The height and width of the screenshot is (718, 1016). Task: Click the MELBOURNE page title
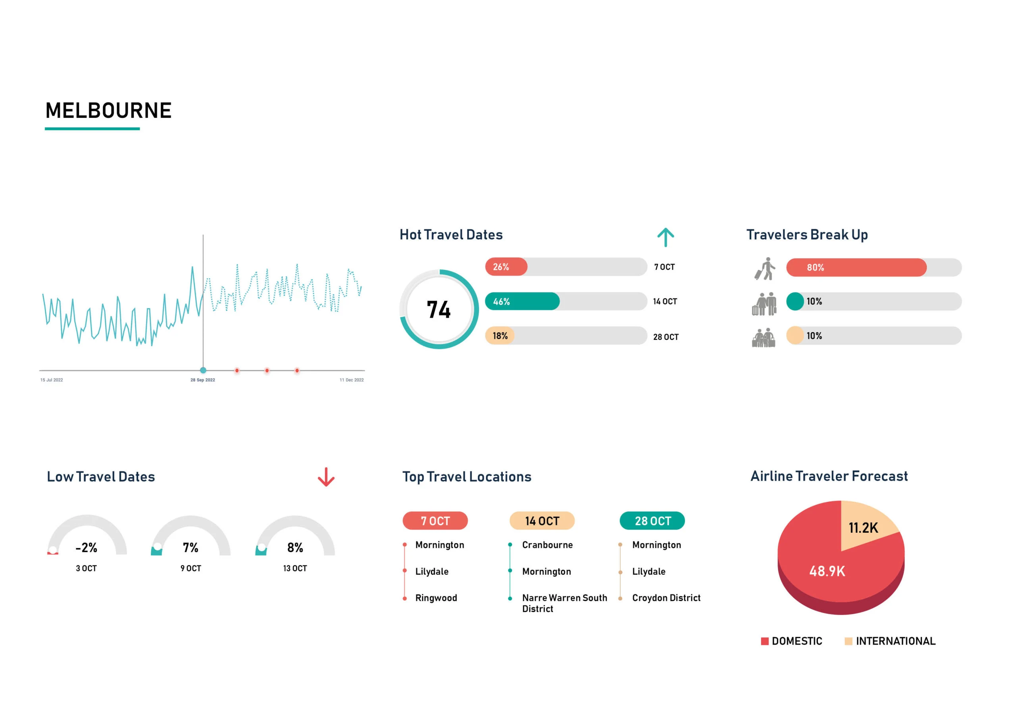click(x=108, y=111)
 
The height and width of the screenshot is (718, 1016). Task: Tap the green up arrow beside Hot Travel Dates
click(x=665, y=238)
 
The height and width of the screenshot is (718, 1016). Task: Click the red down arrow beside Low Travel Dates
click(x=326, y=477)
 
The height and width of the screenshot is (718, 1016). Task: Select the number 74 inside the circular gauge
click(x=439, y=310)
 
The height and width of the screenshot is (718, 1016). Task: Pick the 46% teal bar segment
click(x=522, y=301)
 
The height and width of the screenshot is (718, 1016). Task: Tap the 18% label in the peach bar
click(x=500, y=336)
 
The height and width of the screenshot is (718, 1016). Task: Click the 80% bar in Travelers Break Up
click(x=856, y=267)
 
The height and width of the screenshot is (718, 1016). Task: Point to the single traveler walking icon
click(x=765, y=269)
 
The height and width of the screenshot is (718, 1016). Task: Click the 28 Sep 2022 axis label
click(x=203, y=380)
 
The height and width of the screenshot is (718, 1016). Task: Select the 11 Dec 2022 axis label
click(x=351, y=380)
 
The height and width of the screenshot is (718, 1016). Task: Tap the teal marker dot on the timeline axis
click(x=203, y=370)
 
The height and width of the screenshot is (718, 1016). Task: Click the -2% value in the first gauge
click(x=86, y=548)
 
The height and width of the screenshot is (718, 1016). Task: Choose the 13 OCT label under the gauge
click(x=295, y=568)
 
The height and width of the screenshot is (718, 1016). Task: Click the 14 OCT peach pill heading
click(x=542, y=521)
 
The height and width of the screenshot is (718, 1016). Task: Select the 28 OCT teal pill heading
click(x=652, y=521)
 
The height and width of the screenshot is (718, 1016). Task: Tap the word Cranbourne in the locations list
click(x=547, y=545)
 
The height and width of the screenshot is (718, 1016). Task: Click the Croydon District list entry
click(x=666, y=598)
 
